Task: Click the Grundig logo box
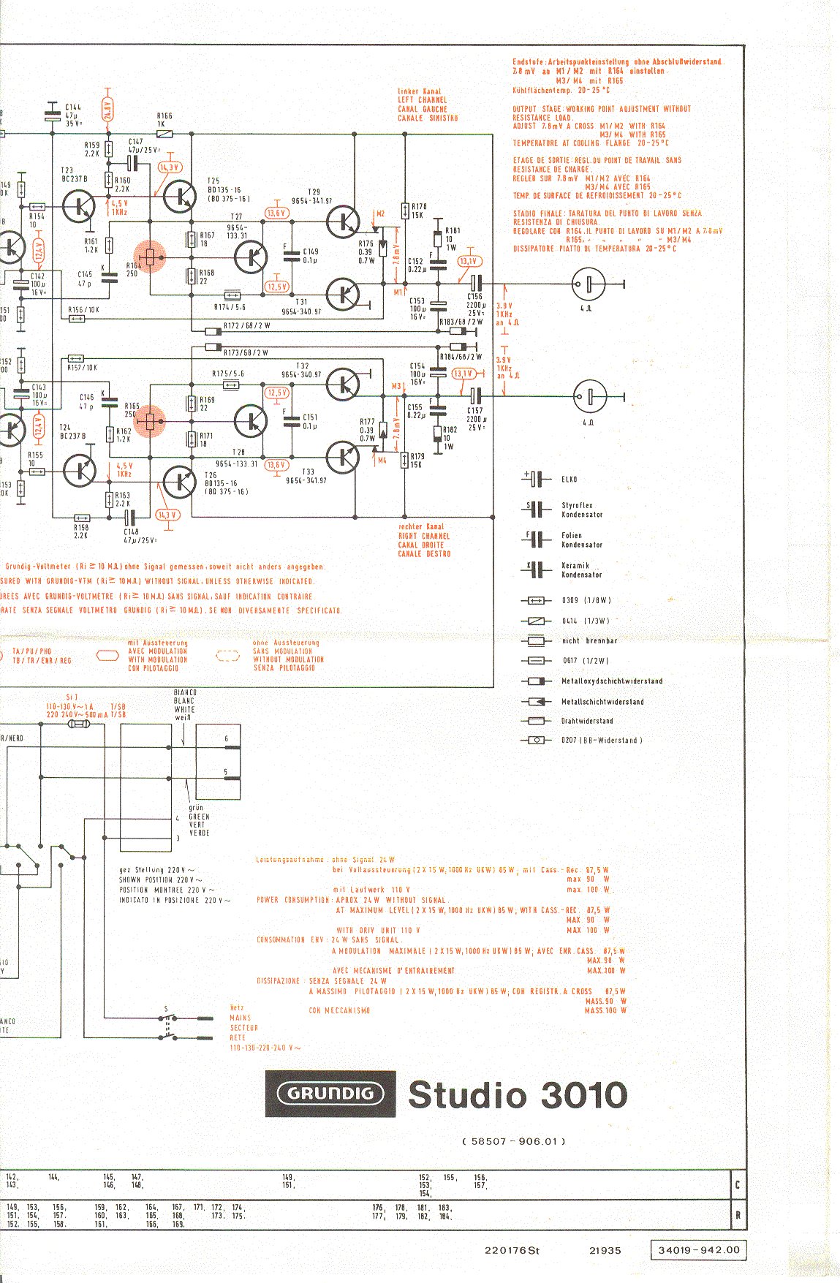tap(330, 1094)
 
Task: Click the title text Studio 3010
tap(518, 1095)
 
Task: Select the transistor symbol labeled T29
tap(342, 222)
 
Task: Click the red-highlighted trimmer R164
tap(150, 257)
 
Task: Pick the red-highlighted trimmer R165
tap(150, 422)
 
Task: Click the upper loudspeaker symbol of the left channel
tap(589, 284)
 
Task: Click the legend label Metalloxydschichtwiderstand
tap(612, 681)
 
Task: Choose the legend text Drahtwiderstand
tap(587, 721)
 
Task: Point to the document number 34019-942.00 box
tap(698, 1250)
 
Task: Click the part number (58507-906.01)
tap(514, 1140)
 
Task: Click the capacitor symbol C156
tap(475, 284)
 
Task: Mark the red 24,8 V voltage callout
tap(108, 110)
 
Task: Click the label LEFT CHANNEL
tap(423, 100)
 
